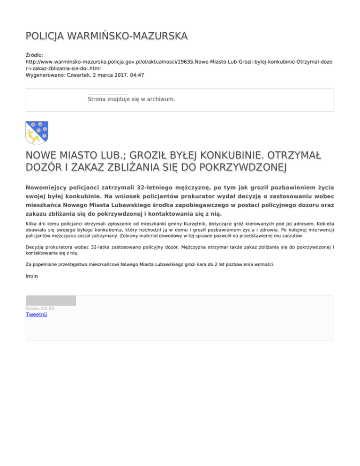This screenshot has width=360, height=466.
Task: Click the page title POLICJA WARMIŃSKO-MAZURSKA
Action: (x=106, y=36)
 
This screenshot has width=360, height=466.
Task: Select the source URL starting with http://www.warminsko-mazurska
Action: (x=179, y=61)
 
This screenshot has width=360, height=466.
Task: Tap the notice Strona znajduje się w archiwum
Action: (x=131, y=99)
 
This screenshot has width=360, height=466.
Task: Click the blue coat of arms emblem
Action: (x=37, y=133)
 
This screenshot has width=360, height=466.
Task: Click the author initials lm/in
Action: (x=32, y=277)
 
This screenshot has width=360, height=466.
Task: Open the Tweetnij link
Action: (x=36, y=315)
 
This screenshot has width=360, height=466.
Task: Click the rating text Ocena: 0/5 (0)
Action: (x=40, y=308)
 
